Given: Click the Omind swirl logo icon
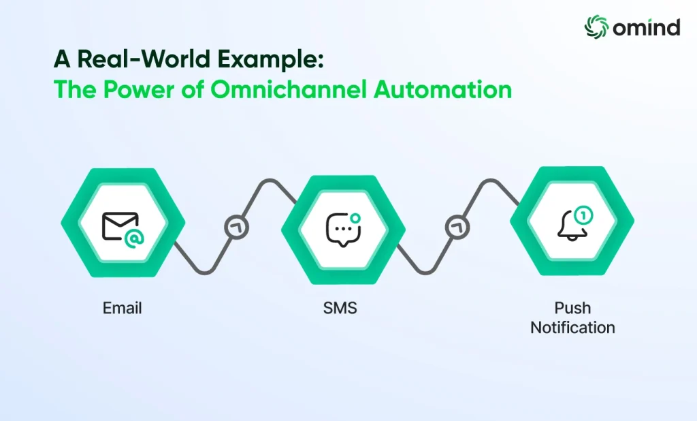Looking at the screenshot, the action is (596, 27).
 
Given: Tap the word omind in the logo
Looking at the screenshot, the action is (647, 27).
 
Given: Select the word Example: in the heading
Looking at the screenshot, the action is (270, 61).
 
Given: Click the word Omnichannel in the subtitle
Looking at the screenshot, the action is (289, 89).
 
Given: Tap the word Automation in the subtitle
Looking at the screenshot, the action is (442, 89).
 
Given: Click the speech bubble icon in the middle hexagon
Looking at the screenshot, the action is (343, 229).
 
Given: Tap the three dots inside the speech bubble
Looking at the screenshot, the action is (343, 228).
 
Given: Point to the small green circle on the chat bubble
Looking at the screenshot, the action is (355, 218).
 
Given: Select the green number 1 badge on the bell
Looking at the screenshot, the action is (583, 215).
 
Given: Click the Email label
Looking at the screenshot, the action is (123, 308).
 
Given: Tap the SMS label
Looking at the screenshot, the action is (340, 308).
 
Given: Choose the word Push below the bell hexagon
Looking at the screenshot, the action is (572, 308).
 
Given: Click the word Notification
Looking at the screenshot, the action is (572, 328).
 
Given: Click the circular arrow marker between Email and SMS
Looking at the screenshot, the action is (236, 228).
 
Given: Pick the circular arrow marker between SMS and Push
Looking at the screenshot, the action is (457, 228).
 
